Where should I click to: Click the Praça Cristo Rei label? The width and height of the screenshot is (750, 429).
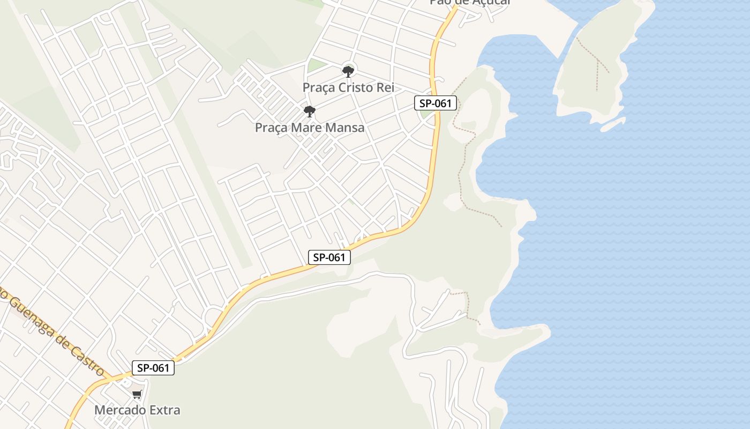348,87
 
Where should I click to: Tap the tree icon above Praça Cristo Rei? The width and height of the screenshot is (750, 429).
348,70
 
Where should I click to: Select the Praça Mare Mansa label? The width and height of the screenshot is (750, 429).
310,128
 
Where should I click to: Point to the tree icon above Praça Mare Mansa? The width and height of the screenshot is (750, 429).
309,112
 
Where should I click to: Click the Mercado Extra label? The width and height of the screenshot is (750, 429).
137,410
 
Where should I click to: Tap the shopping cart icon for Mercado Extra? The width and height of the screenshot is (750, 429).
137,395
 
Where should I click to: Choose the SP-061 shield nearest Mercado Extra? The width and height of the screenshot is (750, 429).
153,368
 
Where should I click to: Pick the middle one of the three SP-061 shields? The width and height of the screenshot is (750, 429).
329,257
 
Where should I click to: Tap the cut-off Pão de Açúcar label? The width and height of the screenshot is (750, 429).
470,3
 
